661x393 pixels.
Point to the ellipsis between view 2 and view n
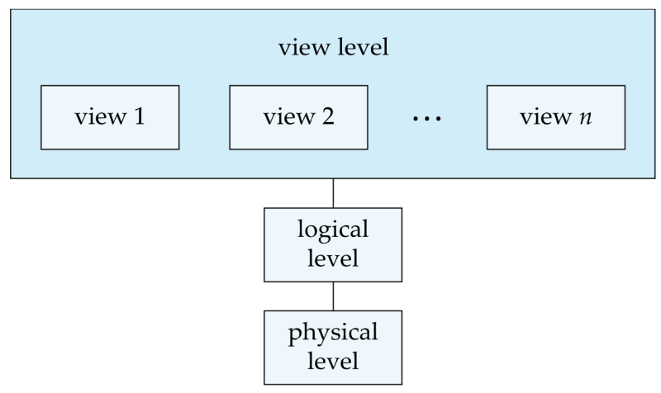pyautogui.click(x=427, y=119)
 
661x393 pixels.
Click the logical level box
pyautogui.click(x=333, y=244)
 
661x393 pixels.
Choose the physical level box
pyautogui.click(x=333, y=348)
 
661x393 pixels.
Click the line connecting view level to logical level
pyautogui.click(x=333, y=193)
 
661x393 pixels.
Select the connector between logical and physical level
pyautogui.click(x=333, y=296)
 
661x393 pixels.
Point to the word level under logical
pyautogui.click(x=333, y=258)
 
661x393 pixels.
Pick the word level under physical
pyautogui.click(x=333, y=361)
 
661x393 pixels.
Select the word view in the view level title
pyautogui.click(x=302, y=46)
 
